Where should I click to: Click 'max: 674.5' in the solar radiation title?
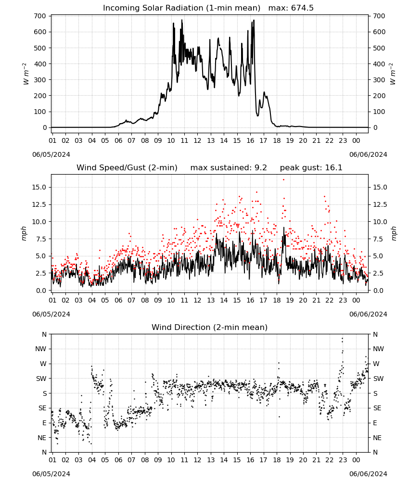coord(291,8)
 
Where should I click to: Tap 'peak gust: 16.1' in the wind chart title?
coord(311,167)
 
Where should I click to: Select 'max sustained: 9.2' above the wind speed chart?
coord(229,167)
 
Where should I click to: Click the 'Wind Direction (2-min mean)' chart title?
coord(210,327)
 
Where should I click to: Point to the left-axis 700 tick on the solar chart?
coord(40,16)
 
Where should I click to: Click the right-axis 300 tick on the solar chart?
coord(379,80)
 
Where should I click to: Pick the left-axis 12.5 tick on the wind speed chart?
coord(39,204)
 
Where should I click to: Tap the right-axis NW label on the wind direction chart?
coord(378,349)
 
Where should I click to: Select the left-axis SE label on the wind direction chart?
coord(42,408)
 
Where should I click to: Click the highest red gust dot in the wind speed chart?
coord(283,180)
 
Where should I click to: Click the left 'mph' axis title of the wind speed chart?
coord(24,233)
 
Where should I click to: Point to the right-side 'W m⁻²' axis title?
coord(393,74)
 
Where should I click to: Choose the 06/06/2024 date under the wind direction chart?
coord(368,474)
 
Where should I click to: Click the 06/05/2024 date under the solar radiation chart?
coord(51,154)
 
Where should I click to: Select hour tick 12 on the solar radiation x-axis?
coord(197,140)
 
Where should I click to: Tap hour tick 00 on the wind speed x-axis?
coord(356,300)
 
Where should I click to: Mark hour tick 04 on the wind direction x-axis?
coord(92,460)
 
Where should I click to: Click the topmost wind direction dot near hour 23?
coord(343,339)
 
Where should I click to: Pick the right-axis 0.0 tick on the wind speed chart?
coord(378,290)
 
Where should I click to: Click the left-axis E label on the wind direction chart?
coord(44,423)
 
